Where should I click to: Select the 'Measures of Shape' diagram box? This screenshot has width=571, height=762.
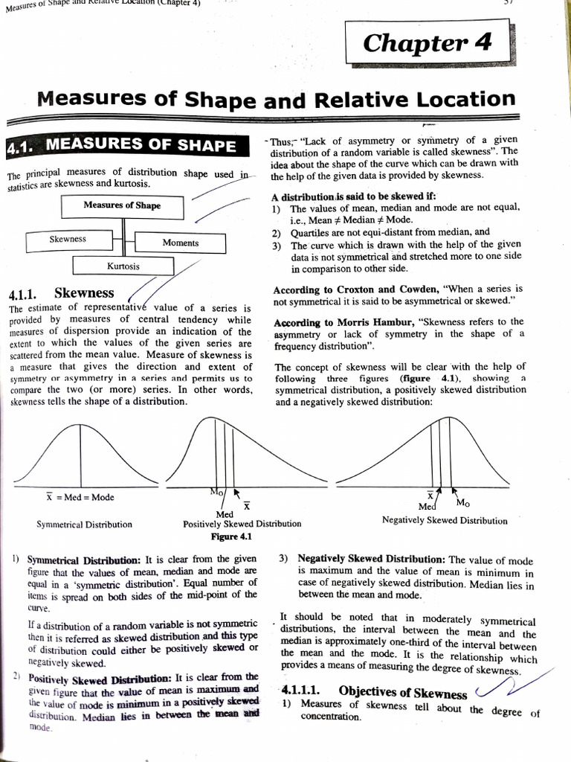(122, 205)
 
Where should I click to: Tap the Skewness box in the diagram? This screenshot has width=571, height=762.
(68, 240)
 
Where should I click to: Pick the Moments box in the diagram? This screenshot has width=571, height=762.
(181, 243)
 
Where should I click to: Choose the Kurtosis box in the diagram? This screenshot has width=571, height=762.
(123, 266)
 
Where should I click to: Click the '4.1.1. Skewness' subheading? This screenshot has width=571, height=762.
(60, 292)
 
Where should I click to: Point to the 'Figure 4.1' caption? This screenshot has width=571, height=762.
(231, 536)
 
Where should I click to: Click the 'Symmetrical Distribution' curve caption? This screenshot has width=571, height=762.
(84, 524)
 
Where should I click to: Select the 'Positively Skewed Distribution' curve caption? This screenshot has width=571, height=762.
(242, 524)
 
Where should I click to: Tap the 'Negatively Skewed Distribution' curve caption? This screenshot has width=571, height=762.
(445, 520)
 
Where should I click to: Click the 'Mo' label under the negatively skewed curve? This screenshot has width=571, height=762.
(462, 502)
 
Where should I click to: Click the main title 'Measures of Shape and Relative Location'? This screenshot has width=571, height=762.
(276, 100)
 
